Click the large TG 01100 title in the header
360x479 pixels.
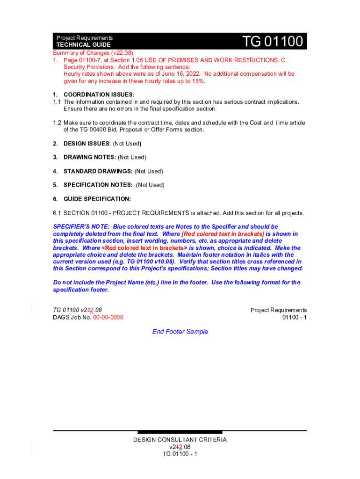[273, 42]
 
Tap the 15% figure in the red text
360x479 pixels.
[198, 81]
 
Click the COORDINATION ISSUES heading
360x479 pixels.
[99, 94]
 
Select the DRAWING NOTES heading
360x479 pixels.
[89, 157]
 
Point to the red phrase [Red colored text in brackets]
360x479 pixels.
[223, 234]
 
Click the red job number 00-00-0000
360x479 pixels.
[108, 317]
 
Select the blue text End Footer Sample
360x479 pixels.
[180, 332]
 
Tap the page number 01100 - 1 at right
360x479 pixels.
[294, 317]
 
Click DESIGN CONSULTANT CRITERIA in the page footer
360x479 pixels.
[180, 440]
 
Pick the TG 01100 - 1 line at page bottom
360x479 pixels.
[180, 454]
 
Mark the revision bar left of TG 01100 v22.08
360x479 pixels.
[32, 310]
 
